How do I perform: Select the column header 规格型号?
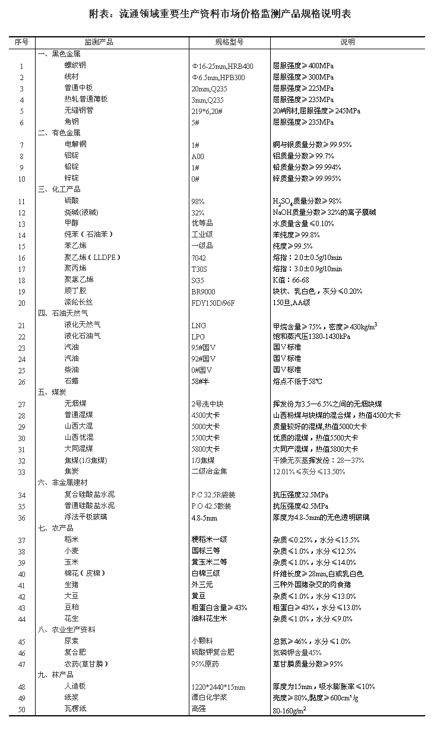[x=229, y=42]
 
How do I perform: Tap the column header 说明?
[x=347, y=42]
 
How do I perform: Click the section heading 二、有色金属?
[x=59, y=133]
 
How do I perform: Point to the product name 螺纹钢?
[x=75, y=66]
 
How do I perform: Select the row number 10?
[x=22, y=179]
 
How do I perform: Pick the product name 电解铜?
[x=75, y=144]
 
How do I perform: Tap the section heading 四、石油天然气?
[x=63, y=313]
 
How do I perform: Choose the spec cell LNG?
[x=198, y=325]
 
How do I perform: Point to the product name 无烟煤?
[x=75, y=404]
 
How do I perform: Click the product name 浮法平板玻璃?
[x=85, y=517]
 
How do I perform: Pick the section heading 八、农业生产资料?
[x=66, y=629]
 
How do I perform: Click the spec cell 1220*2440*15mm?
[x=218, y=687]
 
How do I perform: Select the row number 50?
[x=22, y=709]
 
